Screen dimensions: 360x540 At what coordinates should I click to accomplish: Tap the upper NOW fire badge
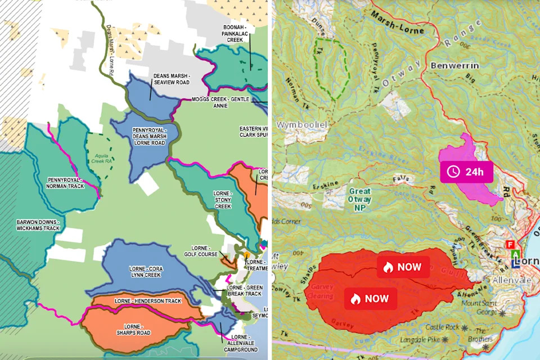(x=403, y=267)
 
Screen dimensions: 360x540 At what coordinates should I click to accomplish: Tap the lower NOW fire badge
(x=371, y=299)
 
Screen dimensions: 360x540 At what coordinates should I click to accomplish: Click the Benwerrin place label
(x=454, y=66)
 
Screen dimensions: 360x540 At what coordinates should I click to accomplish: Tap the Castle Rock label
(x=443, y=327)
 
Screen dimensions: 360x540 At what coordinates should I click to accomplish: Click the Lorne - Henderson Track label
(x=148, y=301)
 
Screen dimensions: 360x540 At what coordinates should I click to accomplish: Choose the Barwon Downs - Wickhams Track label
(x=38, y=226)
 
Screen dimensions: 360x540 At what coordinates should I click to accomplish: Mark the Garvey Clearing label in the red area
(x=322, y=291)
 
